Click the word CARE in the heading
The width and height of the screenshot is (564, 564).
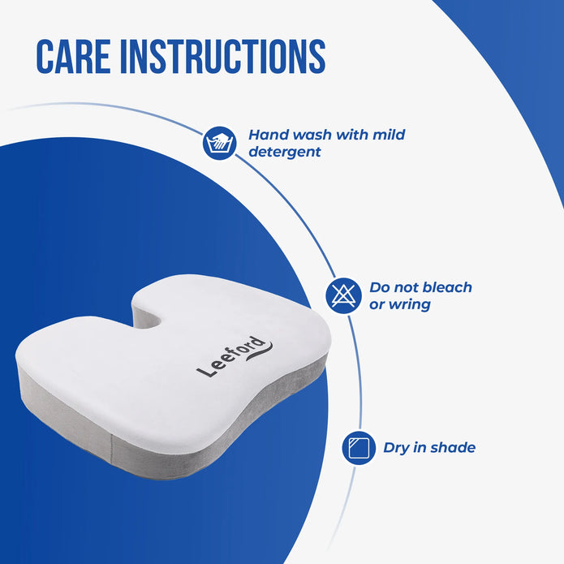click(73, 57)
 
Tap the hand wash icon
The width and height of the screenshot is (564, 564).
click(219, 143)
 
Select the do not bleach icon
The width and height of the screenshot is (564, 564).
click(343, 295)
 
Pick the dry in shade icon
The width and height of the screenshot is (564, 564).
click(359, 448)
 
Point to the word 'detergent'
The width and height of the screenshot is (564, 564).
click(285, 152)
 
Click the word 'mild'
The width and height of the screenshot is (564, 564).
click(389, 135)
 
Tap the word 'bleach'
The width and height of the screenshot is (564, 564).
click(447, 287)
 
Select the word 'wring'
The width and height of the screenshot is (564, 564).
click(410, 305)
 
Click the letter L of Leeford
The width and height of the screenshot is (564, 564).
click(204, 372)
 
